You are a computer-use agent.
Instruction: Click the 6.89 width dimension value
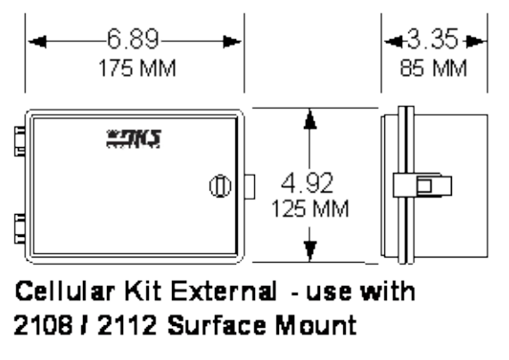[x=134, y=40]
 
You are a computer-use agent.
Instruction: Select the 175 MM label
[x=135, y=68]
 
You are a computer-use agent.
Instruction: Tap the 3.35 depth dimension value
[x=433, y=40]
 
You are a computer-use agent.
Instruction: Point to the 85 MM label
[x=434, y=68]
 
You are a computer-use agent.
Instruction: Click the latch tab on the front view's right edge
[x=250, y=186]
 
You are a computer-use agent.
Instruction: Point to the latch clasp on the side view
[x=424, y=185]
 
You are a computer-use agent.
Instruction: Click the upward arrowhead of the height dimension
[x=308, y=119]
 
